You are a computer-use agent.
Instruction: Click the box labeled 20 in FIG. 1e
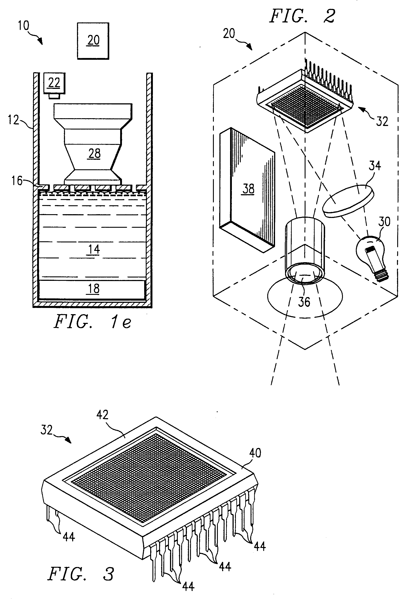point(93,41)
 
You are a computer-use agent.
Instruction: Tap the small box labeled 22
point(54,83)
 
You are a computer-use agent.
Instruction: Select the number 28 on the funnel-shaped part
point(94,154)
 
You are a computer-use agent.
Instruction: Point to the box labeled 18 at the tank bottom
point(92,290)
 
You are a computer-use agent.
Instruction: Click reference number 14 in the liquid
point(94,249)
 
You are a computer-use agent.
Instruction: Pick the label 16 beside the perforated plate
point(17,181)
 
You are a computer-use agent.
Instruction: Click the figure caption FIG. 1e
point(92,321)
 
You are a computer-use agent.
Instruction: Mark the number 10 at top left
point(24,26)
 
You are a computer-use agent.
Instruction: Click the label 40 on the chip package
point(255,453)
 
